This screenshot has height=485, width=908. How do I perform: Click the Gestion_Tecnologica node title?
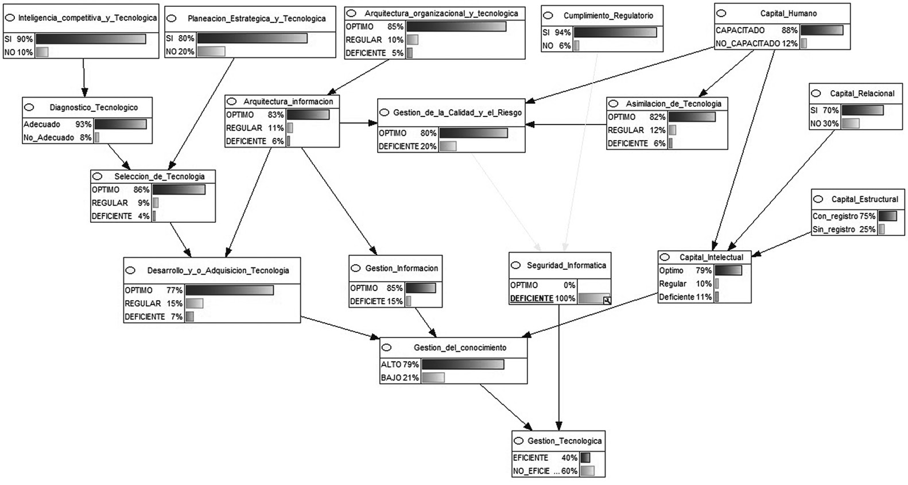[564, 441]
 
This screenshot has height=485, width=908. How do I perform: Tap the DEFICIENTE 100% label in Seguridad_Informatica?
[542, 298]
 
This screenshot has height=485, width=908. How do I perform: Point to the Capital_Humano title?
[789, 13]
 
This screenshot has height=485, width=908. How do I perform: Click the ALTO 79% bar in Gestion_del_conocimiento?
[463, 364]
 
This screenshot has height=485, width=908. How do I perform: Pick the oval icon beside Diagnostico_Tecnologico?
[29, 107]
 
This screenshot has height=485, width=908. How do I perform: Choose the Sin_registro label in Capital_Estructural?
[834, 230]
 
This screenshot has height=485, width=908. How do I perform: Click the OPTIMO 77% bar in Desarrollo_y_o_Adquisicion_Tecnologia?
[230, 290]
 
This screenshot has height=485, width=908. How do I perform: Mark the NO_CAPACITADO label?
[747, 44]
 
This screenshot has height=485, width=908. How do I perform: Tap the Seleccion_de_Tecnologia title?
[160, 176]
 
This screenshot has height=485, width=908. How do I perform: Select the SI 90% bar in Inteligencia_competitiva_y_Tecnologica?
[91, 39]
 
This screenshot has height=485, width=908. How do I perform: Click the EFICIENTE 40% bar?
[585, 458]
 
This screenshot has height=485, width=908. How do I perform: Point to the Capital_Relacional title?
[862, 94]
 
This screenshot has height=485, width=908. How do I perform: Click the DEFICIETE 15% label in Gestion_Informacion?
[376, 301]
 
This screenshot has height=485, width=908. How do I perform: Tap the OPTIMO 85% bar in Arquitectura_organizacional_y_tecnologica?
[456, 26]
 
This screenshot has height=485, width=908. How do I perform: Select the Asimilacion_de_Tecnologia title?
[673, 104]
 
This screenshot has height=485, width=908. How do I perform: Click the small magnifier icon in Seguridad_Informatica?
[607, 301]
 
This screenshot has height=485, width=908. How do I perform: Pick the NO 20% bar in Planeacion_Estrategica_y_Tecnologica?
[211, 52]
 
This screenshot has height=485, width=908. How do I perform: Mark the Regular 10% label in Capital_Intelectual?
[685, 284]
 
